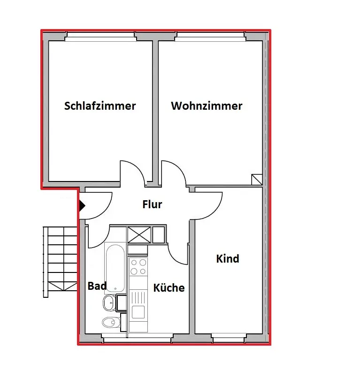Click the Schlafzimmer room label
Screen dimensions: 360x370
[100, 106]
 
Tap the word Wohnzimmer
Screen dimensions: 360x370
[207, 106]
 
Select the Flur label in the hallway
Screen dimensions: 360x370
[153, 204]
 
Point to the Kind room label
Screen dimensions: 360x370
[228, 258]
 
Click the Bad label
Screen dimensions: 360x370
[97, 286]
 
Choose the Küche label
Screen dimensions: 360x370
[169, 287]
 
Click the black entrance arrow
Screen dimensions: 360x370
[82, 205]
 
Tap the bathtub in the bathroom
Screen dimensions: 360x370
[115, 268]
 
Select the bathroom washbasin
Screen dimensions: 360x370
[109, 303]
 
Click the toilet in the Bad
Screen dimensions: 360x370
[111, 322]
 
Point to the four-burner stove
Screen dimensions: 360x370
[138, 267]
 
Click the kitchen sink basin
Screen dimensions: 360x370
[138, 312]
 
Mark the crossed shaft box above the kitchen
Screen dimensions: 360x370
[139, 235]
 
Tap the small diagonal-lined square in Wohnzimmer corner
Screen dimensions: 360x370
[257, 180]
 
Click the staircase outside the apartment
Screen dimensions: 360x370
[60, 262]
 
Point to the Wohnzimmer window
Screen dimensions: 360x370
[210, 37]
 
